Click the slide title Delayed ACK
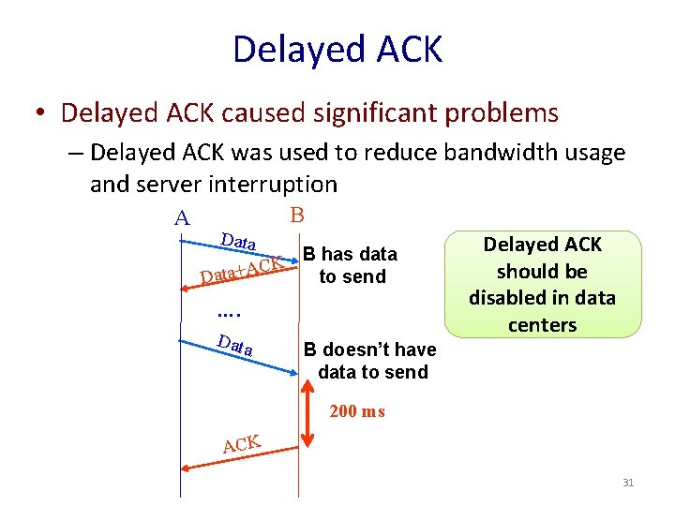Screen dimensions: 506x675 point(337,49)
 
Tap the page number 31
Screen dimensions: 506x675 point(628,483)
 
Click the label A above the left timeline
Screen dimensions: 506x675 point(182,218)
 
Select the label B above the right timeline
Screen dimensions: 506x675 point(297,215)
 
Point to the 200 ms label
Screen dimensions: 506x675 point(357,411)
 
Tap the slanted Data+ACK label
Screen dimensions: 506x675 point(242,269)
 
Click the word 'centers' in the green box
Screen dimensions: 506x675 point(542,325)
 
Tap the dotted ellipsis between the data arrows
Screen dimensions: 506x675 point(229,313)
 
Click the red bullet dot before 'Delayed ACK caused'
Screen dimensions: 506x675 point(41,114)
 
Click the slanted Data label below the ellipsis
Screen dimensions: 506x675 point(234,345)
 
